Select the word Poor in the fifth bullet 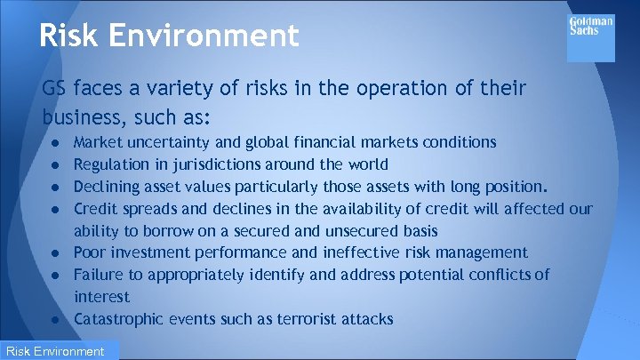click(89, 252)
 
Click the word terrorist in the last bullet click(307, 318)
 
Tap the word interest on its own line click(101, 296)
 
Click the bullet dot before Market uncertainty click(55, 143)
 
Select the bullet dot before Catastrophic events click(55, 319)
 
